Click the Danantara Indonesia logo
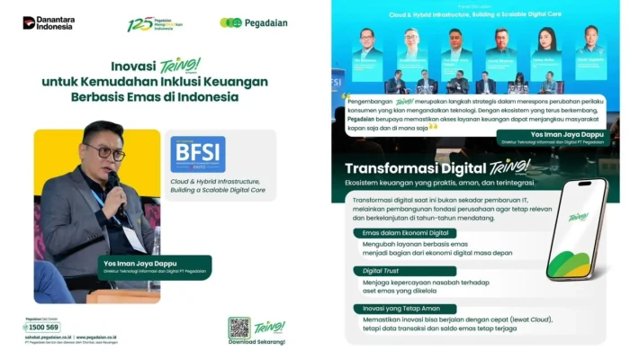49,22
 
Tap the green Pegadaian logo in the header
254,22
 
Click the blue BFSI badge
198,154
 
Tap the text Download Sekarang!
257,342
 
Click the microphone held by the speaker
114,184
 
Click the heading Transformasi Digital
413,168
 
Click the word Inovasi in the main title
135,67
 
